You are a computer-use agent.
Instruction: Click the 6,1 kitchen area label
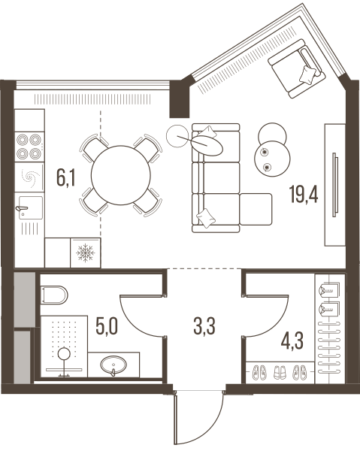pyautogui.click(x=66, y=178)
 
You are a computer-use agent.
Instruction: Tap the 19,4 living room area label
pyautogui.click(x=304, y=194)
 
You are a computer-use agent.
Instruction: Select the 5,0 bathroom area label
pyautogui.click(x=107, y=327)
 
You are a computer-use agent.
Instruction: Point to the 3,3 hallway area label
pyautogui.click(x=204, y=327)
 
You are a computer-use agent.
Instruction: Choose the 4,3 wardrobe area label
pyautogui.click(x=292, y=341)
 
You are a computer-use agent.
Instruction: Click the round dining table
pyautogui.click(x=121, y=175)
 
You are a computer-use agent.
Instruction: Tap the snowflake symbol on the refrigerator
pyautogui.click(x=86, y=253)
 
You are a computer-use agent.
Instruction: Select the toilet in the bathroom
pyautogui.click(x=54, y=295)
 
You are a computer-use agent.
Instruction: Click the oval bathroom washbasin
pyautogui.click(x=113, y=365)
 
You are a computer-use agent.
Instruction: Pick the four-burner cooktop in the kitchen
pyautogui.click(x=29, y=147)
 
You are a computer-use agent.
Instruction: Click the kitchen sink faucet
pyautogui.click(x=22, y=208)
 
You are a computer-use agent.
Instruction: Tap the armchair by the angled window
pyautogui.click(x=296, y=68)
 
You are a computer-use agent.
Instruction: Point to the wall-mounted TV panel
pyautogui.click(x=334, y=185)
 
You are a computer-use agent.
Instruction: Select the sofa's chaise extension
pyautogui.click(x=256, y=209)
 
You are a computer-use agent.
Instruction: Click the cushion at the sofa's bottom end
pyautogui.click(x=206, y=218)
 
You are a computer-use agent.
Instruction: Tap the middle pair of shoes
pyautogui.click(x=280, y=372)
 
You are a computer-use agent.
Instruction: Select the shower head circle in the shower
pyautogui.click(x=64, y=353)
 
